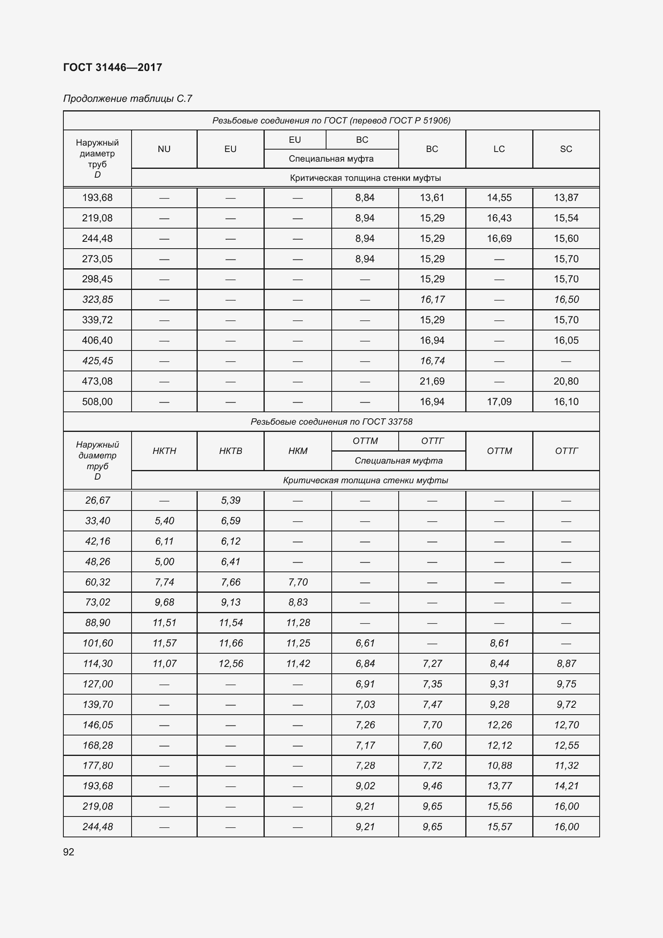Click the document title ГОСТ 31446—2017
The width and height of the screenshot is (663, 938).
[113, 67]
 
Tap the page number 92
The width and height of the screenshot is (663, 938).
[69, 852]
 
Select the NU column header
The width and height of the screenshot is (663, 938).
[164, 149]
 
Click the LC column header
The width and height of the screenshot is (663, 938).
[499, 149]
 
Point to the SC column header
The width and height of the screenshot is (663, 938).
[566, 149]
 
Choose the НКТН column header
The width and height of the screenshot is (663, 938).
[164, 451]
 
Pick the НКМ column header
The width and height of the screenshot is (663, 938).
[298, 451]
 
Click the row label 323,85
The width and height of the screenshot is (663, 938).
[97, 300]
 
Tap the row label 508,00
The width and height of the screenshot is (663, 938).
[97, 401]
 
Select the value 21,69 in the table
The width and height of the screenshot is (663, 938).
[432, 381]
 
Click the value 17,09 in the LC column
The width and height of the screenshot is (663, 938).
[499, 401]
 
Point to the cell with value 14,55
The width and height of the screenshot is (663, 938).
[499, 198]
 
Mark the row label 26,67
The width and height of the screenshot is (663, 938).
[97, 500]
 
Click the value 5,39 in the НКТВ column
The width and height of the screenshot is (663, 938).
[231, 500]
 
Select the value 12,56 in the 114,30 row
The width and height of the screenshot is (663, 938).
[231, 663]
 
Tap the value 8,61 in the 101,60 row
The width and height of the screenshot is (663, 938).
[499, 643]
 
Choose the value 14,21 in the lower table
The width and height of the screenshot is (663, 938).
[566, 786]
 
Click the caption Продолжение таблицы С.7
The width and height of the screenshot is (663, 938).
[128, 99]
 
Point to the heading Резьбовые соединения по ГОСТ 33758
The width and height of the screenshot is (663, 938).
[331, 421]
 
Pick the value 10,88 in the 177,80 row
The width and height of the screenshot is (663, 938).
[499, 765]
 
